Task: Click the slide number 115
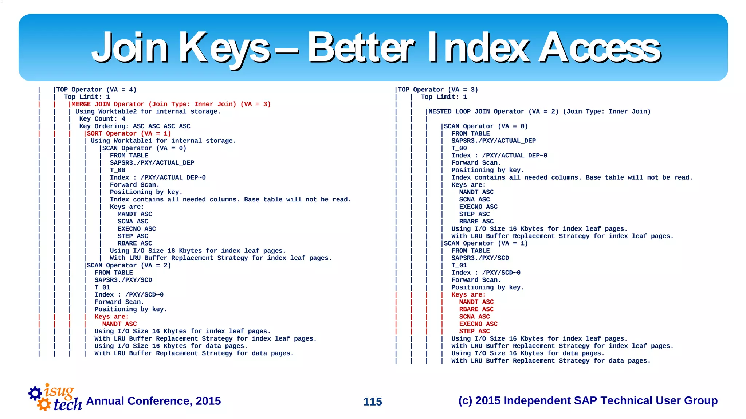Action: (x=373, y=402)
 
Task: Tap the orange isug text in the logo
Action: (x=59, y=391)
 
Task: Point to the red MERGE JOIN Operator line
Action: (x=171, y=104)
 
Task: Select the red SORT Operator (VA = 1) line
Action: (x=129, y=133)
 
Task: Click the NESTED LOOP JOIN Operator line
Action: (x=539, y=111)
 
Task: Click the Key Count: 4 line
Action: (x=102, y=119)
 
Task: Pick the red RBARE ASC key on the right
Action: (x=476, y=309)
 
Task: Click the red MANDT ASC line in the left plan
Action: (x=119, y=324)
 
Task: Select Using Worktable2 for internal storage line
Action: (x=148, y=111)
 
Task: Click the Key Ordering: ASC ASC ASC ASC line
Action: (x=135, y=126)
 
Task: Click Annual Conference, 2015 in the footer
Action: (x=153, y=401)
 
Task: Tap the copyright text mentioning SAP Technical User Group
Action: (x=588, y=400)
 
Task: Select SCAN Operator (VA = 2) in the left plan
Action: (x=129, y=265)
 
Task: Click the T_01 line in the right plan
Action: (x=459, y=265)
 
